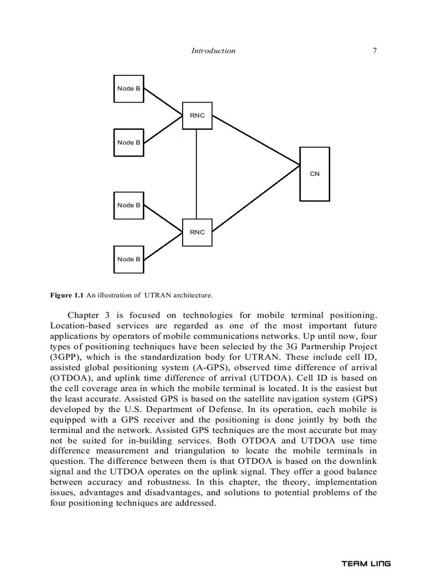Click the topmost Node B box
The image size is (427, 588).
click(x=129, y=88)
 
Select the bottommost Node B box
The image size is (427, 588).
click(x=129, y=259)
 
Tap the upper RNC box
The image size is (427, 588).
click(x=197, y=115)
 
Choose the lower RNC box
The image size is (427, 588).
click(x=197, y=232)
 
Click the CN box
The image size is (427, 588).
click(x=314, y=174)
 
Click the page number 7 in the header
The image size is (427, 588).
click(x=375, y=51)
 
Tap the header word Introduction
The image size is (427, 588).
click(x=213, y=51)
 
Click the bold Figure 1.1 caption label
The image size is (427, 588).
click(x=67, y=295)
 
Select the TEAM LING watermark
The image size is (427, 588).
click(x=366, y=564)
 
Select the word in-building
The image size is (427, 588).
click(x=146, y=441)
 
